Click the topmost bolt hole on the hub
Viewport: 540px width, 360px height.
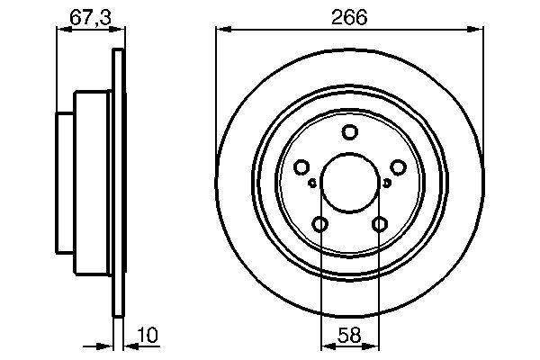tap(350, 133)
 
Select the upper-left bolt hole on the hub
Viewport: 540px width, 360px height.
tap(301, 167)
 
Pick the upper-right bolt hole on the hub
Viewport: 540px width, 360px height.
tap(398, 167)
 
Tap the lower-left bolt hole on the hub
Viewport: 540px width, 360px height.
tap(320, 224)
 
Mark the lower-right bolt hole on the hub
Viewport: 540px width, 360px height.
tap(380, 224)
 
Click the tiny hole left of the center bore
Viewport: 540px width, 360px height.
tap(312, 183)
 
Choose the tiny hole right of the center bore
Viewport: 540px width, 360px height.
tap(387, 183)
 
